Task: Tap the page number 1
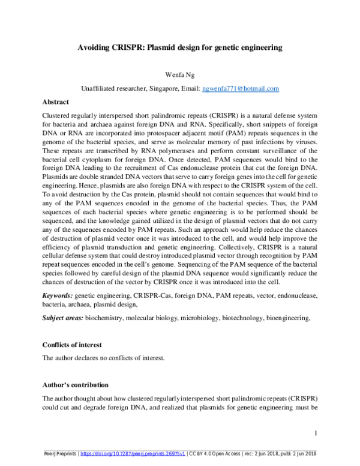pyautogui.click(x=316, y=434)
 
